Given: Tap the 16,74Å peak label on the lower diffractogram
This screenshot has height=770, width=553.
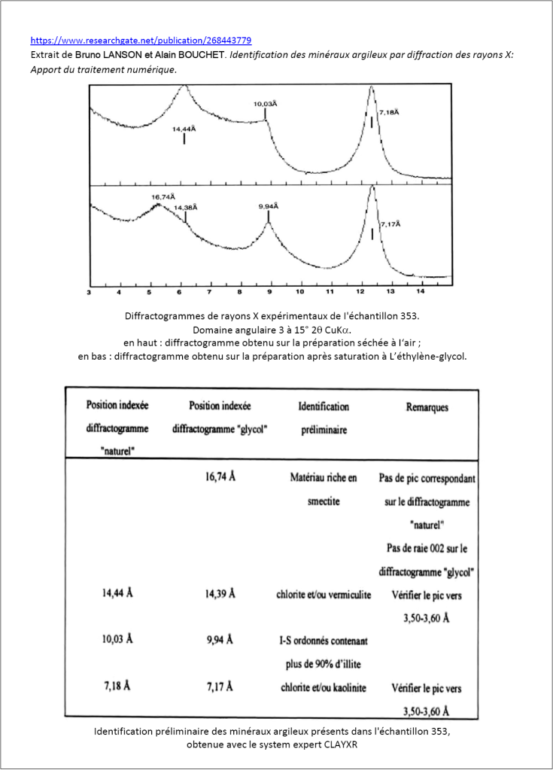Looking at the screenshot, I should [163, 197].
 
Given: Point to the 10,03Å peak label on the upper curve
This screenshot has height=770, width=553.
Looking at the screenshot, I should [265, 104].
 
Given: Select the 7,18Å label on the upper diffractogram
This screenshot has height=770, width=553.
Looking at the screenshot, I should [389, 112].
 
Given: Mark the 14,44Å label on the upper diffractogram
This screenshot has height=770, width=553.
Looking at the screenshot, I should [184, 129].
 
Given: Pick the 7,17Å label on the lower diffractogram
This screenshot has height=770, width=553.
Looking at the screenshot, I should [390, 224].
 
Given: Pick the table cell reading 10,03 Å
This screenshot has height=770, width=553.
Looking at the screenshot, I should [117, 640].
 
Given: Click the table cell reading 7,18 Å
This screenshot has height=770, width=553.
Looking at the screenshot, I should [117, 687].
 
